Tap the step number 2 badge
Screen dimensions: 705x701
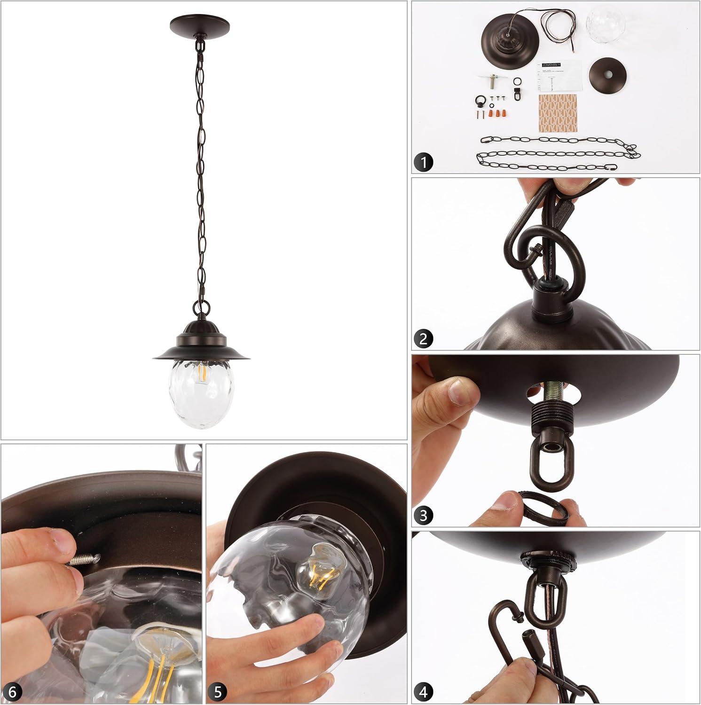tap(424, 339)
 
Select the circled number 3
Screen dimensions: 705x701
tap(424, 516)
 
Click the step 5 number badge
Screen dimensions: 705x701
tap(218, 692)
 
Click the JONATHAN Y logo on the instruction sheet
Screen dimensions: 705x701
tap(550, 64)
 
